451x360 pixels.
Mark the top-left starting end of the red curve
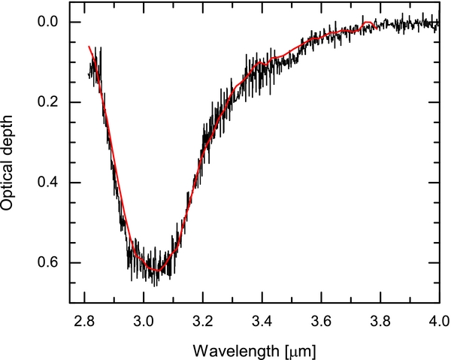89,47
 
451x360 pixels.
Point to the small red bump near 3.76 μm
368,23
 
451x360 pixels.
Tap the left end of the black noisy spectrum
89,74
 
